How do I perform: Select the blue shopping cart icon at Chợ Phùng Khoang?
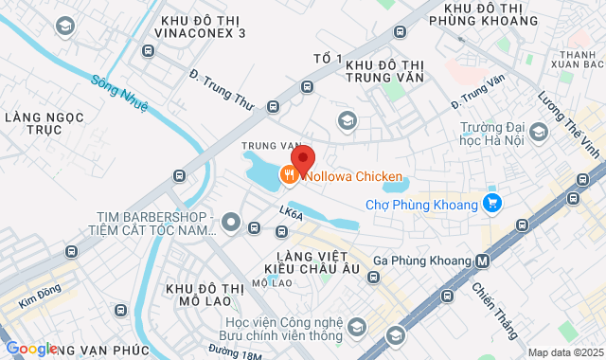(x=490, y=203)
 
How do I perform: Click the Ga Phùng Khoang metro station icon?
(x=483, y=261)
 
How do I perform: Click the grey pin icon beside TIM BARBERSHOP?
(x=228, y=224)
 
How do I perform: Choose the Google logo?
(x=31, y=348)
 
